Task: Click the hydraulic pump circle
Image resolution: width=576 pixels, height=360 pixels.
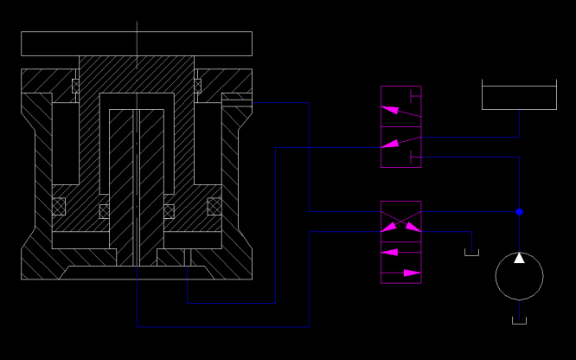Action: point(519,278)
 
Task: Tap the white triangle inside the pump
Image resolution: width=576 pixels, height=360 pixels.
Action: point(519,258)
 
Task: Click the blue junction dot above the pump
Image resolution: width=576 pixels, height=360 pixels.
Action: point(520,211)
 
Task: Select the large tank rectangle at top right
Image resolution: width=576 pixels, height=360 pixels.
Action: point(519,97)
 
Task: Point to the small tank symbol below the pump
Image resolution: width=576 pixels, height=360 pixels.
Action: point(519,321)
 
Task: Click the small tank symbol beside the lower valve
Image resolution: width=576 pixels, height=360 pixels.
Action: point(471,252)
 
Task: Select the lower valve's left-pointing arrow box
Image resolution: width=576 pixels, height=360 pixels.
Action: point(401,252)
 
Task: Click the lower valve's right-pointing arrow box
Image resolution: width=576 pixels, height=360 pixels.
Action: point(401,273)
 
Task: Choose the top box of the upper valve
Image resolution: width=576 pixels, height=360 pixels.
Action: point(401,107)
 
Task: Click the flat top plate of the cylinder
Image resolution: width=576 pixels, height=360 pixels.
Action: point(137,43)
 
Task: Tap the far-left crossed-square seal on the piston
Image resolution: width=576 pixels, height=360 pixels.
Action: point(59,206)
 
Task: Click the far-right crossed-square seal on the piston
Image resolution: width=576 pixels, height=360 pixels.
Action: point(214,206)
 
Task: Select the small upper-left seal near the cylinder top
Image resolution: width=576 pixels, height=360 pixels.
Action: point(75,86)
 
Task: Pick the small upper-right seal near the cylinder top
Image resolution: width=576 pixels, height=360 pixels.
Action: point(197,86)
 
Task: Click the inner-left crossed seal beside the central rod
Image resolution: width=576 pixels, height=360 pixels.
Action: point(105,211)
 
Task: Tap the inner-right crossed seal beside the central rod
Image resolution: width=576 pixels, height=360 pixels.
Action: point(169,211)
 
